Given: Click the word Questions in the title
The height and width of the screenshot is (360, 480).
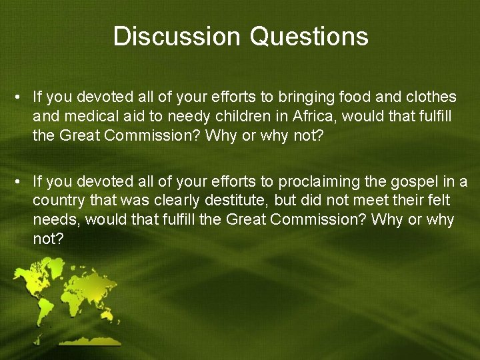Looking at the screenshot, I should tap(309, 36).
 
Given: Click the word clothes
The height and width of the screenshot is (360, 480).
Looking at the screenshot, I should tap(433, 97).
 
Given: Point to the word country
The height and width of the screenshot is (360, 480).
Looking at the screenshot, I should tap(56, 201).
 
